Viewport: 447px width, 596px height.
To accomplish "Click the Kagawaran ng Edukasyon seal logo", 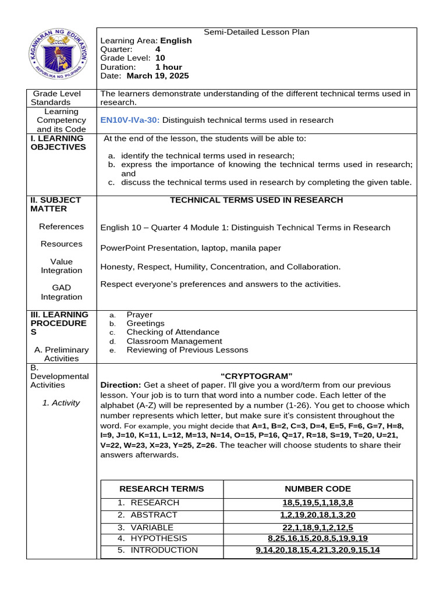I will [61, 58].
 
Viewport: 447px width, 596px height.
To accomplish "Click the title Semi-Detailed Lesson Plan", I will [256, 33].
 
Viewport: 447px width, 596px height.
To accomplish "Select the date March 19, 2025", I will [157, 76].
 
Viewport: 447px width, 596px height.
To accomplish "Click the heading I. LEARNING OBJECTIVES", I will [58, 143].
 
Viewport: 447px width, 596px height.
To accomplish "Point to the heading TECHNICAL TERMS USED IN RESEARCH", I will [256, 200].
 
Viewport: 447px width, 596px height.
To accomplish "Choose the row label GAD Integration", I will [61, 292].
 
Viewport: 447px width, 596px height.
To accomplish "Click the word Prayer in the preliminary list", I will [140, 315].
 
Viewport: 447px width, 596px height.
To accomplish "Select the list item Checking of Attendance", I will [173, 332].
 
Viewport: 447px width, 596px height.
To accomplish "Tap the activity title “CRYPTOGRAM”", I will [256, 375].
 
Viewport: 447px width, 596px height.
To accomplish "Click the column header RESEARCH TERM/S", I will [161, 489].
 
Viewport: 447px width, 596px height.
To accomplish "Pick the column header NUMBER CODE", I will [317, 489].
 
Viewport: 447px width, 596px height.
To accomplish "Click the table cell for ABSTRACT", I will [154, 515].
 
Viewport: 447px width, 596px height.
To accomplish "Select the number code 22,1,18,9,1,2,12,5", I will [317, 527].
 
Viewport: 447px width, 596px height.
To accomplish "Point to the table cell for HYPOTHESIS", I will [158, 538].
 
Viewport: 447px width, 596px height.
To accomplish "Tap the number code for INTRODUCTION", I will [317, 550].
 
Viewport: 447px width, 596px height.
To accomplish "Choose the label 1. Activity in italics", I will [61, 403].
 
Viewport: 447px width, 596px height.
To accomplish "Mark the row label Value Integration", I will [61, 266].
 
